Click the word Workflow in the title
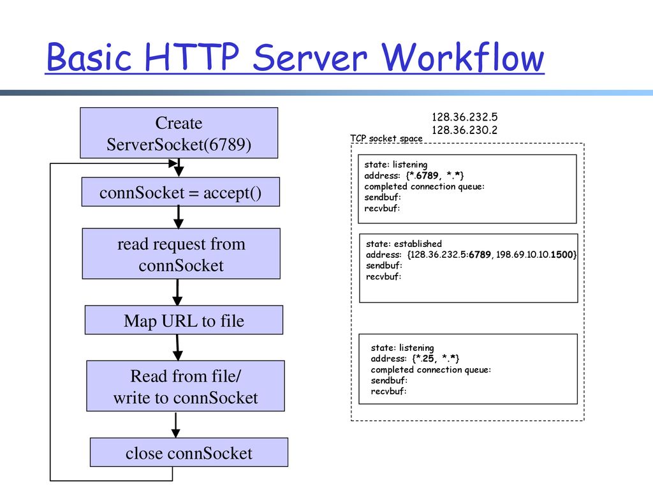point(463,57)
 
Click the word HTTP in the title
point(192,57)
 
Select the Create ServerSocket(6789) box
point(179,133)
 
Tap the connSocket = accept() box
point(180,192)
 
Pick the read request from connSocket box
point(181,254)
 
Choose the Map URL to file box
point(184,320)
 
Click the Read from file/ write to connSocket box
point(186,386)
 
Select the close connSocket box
point(189,452)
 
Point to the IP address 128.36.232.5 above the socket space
point(464,117)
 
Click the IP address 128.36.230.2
point(464,130)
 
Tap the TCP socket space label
point(386,138)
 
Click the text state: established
point(404,244)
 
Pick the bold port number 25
point(428,359)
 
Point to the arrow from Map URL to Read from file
point(178,348)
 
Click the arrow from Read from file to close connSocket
point(176,424)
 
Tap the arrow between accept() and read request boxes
point(179,218)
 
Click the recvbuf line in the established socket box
point(383,276)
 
